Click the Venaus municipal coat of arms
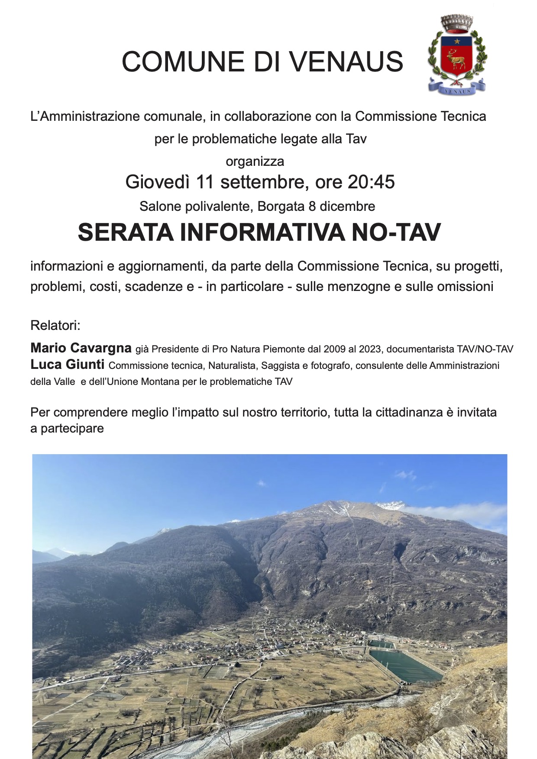457,55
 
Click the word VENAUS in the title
346,61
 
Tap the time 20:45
371,182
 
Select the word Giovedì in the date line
158,182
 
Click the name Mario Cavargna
81,348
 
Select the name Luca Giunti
67,365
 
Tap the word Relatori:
55,325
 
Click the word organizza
255,161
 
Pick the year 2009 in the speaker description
334,349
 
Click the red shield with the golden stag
456,56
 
